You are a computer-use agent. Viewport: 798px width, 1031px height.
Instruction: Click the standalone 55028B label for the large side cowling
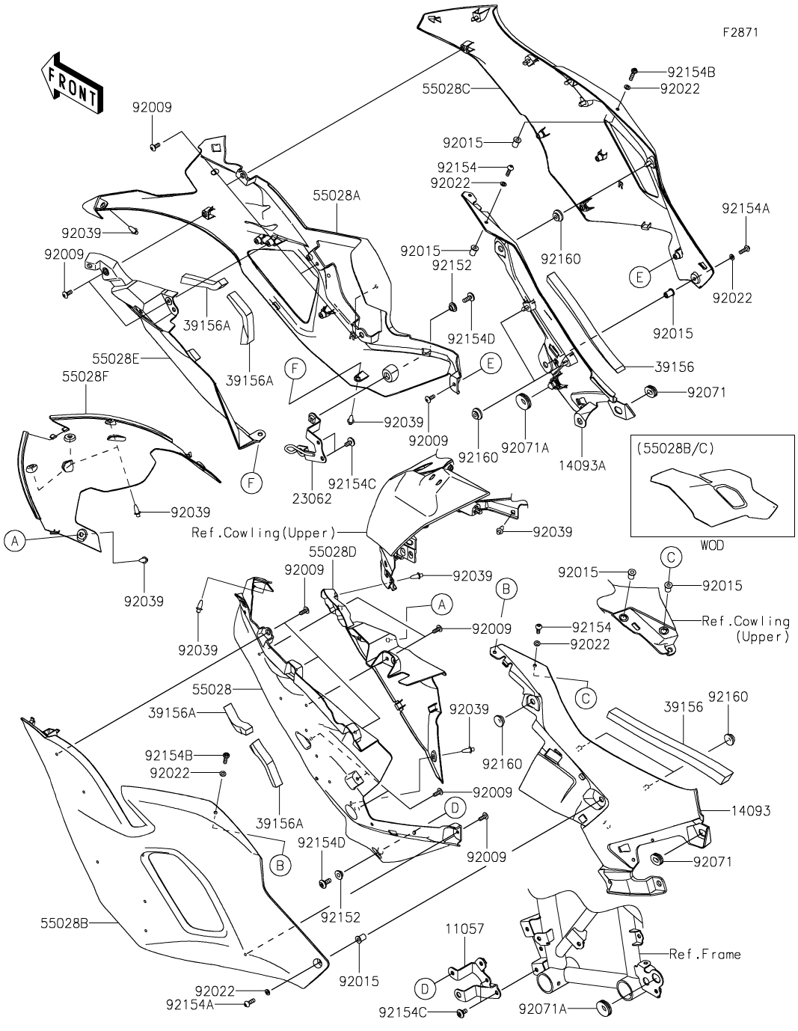(x=64, y=923)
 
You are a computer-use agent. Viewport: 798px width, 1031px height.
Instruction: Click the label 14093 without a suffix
(x=750, y=810)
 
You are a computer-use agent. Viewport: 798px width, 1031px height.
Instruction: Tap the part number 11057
(x=465, y=929)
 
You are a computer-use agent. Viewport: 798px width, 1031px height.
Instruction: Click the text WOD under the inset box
(x=712, y=545)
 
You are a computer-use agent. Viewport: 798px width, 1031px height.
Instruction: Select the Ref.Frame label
(x=705, y=954)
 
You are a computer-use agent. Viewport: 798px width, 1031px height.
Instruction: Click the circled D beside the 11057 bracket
(x=425, y=989)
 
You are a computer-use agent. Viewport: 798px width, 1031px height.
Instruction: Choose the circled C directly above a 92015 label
(x=670, y=556)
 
